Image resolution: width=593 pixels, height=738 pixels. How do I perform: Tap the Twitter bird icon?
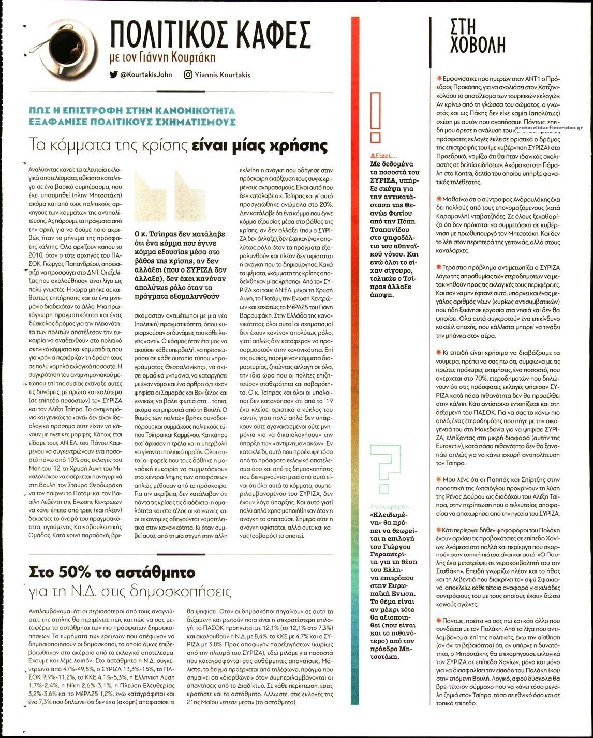(x=113, y=74)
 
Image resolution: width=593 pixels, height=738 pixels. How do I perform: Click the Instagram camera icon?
(x=188, y=74)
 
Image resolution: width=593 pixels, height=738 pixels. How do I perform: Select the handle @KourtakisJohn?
(x=146, y=74)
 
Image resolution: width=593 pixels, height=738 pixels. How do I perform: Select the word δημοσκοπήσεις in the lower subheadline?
(x=187, y=591)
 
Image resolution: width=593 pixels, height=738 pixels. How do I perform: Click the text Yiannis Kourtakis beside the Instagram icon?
(x=223, y=74)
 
